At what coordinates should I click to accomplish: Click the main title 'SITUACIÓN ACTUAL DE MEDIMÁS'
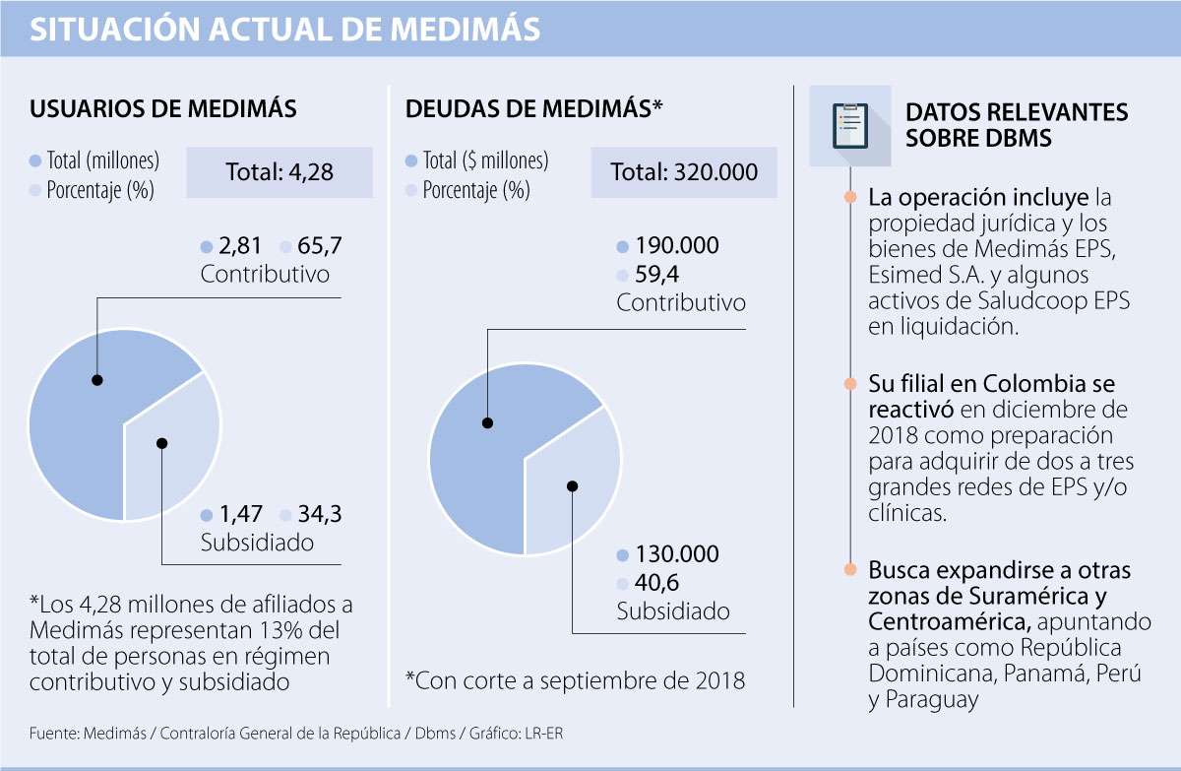point(285,30)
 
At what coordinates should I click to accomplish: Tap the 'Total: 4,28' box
point(280,172)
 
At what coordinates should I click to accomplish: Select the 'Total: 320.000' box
point(684,172)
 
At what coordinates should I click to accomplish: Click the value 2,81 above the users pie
point(240,246)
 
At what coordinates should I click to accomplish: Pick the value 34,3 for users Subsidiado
point(321,514)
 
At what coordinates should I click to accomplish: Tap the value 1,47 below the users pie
point(240,514)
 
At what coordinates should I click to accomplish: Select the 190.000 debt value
point(677,246)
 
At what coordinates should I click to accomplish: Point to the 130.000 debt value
point(677,554)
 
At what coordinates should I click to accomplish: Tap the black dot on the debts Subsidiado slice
point(574,485)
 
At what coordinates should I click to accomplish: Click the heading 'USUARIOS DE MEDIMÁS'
point(163,109)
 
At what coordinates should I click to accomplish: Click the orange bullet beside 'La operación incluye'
point(848,197)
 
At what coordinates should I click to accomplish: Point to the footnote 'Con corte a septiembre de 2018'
point(575,680)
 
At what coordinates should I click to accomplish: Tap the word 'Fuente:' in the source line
point(54,734)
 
